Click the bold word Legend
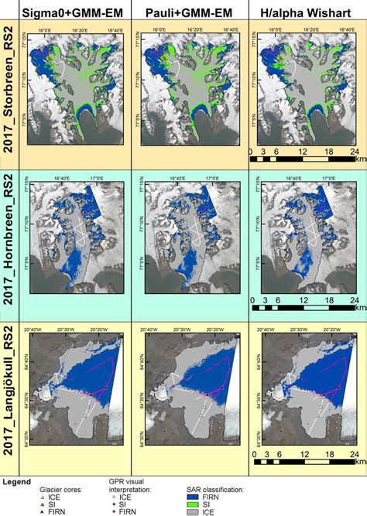coord(16,481)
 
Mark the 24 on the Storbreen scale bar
coord(353,152)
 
